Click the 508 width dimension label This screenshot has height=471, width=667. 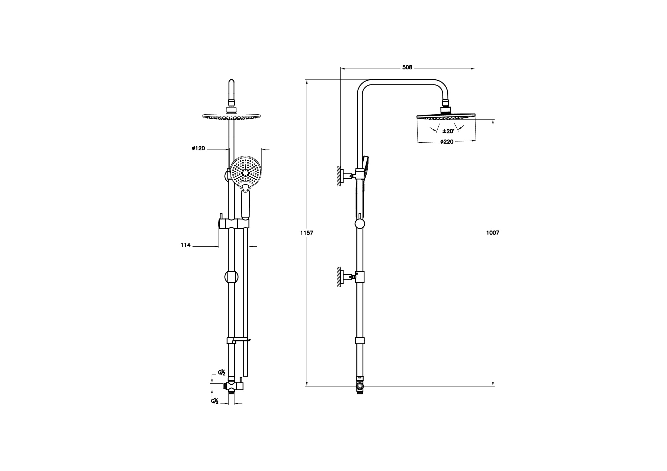[x=407, y=67]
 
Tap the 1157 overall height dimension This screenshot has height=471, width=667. [x=307, y=233]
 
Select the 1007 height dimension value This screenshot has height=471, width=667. [x=493, y=233]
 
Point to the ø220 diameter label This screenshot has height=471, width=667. [x=447, y=142]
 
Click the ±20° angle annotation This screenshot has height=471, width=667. [x=448, y=131]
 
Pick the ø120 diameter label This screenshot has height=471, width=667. [x=198, y=148]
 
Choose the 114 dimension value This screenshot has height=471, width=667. [x=186, y=245]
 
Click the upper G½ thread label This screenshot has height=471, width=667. [x=222, y=373]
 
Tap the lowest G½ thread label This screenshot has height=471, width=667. [x=215, y=401]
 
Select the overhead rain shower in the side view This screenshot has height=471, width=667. [x=446, y=117]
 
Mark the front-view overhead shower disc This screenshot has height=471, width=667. [x=231, y=116]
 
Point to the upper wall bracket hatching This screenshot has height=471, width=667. [x=339, y=176]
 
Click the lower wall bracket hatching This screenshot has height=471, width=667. [x=339, y=277]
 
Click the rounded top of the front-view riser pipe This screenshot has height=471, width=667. [x=232, y=82]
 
